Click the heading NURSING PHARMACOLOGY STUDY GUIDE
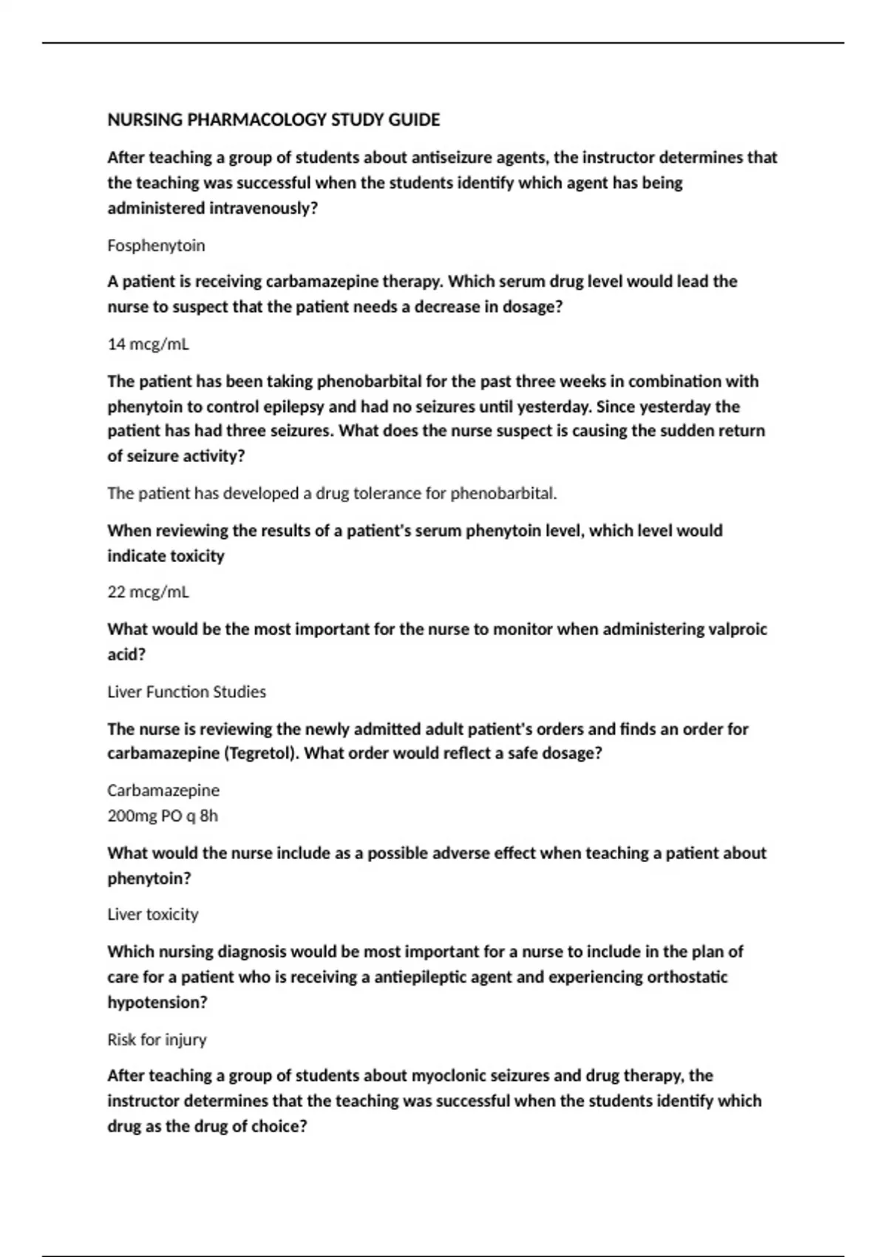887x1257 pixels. pos(273,120)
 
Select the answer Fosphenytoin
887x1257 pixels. pos(156,245)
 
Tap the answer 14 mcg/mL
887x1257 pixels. pos(148,344)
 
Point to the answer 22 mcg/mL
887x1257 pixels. pos(148,592)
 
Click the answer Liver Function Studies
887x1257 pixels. pos(186,692)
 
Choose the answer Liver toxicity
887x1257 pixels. pos(153,915)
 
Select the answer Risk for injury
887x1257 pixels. pos(157,1040)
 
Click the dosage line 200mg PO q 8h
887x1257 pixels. pos(163,816)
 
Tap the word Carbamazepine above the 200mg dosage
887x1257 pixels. pos(163,790)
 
